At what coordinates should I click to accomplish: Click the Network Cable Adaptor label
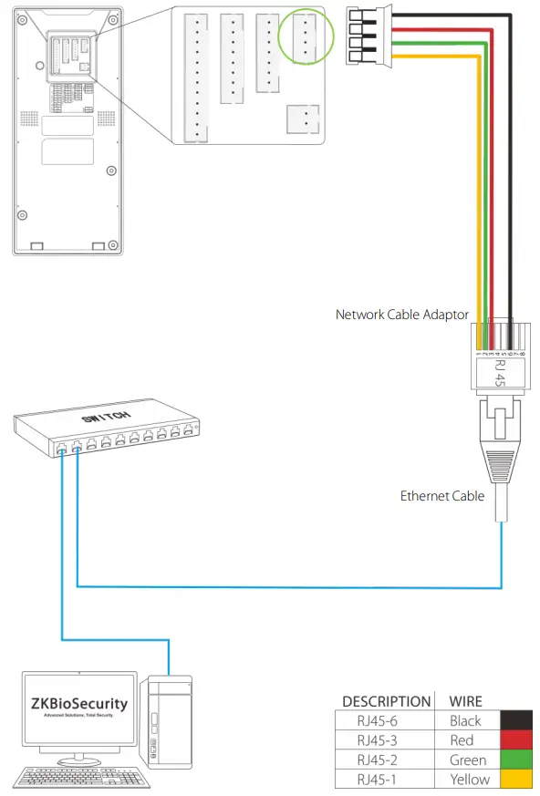[402, 315]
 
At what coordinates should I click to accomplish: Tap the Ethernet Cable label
[442, 496]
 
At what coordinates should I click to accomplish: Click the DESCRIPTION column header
[386, 701]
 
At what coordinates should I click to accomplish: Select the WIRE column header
[466, 701]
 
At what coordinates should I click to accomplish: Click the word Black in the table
[465, 721]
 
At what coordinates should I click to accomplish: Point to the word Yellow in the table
[469, 779]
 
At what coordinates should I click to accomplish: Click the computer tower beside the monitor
[169, 720]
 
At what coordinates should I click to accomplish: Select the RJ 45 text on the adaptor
[499, 371]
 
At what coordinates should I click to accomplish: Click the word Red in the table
[462, 740]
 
